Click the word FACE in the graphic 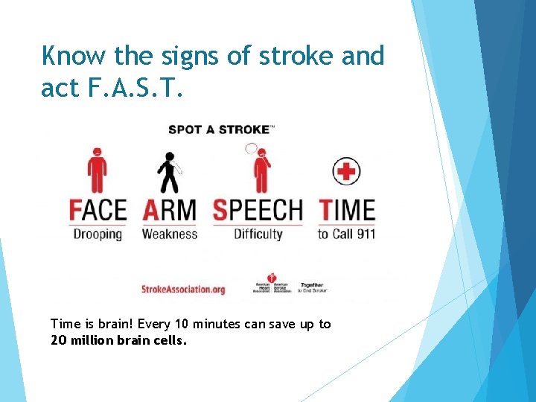coord(98,210)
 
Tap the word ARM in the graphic coord(169,210)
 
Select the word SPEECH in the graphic coord(258,210)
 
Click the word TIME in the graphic coord(347,210)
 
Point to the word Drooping coord(98,234)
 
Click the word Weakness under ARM coord(169,234)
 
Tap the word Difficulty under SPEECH coord(258,234)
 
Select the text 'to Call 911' coord(346,234)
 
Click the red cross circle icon coord(345,171)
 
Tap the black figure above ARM coord(169,172)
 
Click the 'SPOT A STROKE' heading coord(220,130)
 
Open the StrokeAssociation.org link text coord(183,289)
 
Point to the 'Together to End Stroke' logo coord(312,287)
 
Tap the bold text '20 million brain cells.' coord(118,340)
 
